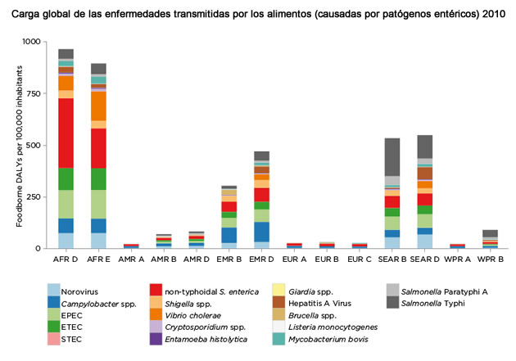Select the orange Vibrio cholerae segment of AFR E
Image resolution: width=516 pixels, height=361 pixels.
[x=98, y=106]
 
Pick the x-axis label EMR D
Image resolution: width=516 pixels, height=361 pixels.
[x=261, y=259]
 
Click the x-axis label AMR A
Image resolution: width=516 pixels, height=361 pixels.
[x=130, y=259]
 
